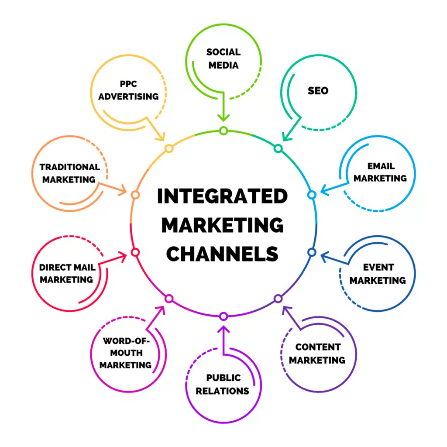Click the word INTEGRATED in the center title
pos(223,196)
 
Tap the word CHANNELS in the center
pos(223,254)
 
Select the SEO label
pos(318,91)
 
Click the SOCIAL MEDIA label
pos(223,58)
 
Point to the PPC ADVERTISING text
pos(128,90)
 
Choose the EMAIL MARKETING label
pos(380,172)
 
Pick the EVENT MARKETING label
pos(378,274)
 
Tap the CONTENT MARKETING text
pos(317,354)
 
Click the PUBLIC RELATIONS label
pos(223,384)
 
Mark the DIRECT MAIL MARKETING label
pos(67,273)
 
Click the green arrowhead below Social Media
pos(223,117)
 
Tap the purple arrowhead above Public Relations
pos(223,328)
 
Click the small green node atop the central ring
pos(223,131)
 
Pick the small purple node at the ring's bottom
pos(223,316)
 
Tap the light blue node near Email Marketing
pos(312,195)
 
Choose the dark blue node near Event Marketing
pos(312,252)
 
